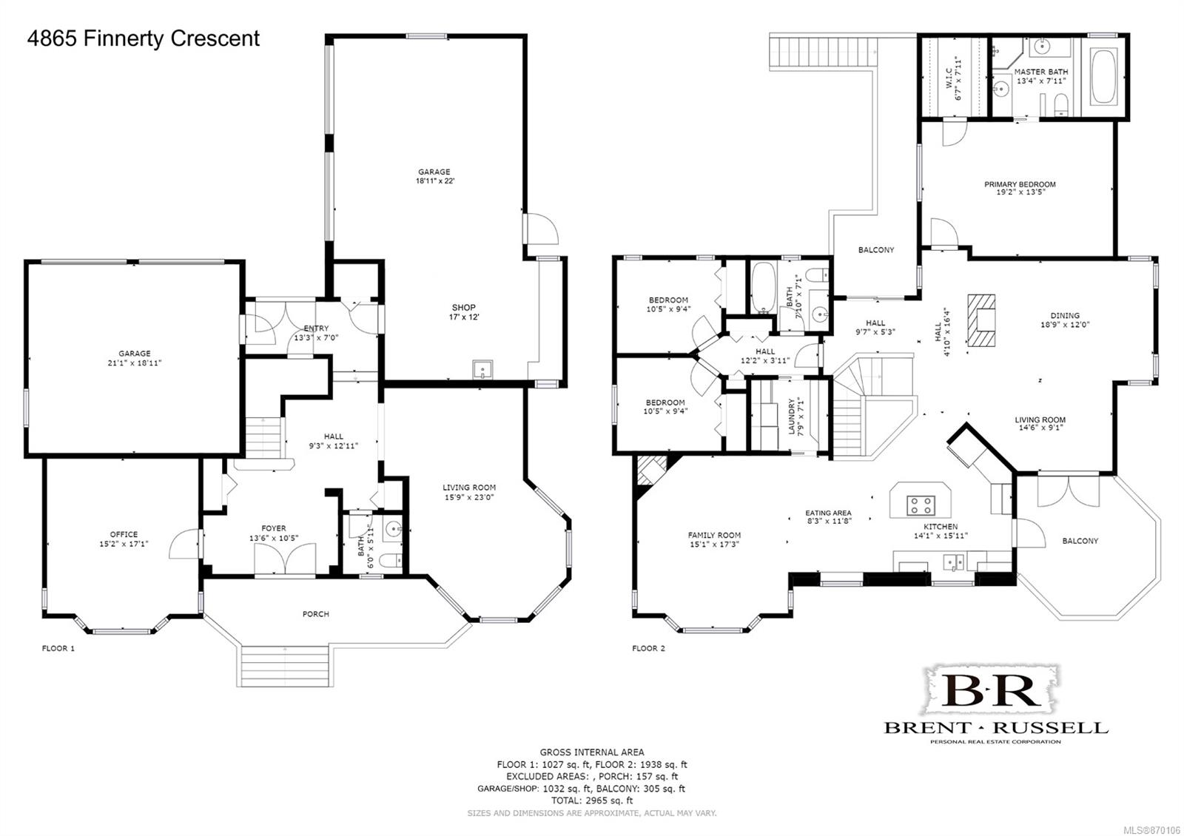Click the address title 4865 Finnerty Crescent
(144, 38)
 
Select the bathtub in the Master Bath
(1103, 76)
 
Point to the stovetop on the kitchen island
(921, 505)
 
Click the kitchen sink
(954, 562)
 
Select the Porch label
(315, 614)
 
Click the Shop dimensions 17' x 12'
(463, 317)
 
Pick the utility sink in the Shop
(482, 369)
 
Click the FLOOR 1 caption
(58, 648)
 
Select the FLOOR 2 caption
(648, 648)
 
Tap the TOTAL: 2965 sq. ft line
(592, 800)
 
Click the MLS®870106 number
(1158, 829)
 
